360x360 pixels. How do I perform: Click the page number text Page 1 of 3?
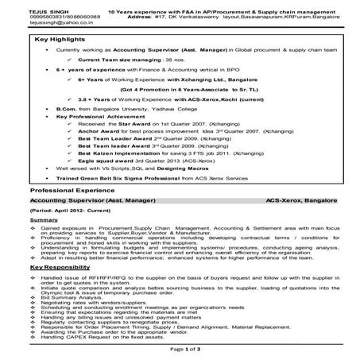[180, 350]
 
